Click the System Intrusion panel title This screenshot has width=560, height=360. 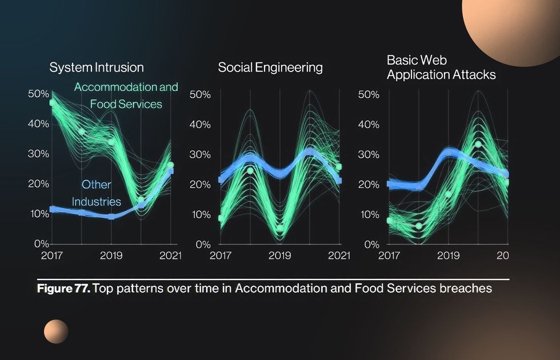(x=97, y=67)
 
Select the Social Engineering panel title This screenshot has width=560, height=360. (x=270, y=67)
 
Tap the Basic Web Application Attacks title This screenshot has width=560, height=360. (x=441, y=67)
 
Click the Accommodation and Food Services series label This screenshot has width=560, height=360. (x=126, y=95)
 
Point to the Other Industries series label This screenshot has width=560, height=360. (x=97, y=193)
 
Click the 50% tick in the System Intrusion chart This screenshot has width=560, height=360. (x=39, y=94)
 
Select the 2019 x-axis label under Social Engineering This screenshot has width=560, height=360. (x=279, y=255)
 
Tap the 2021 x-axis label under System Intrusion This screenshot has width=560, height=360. (x=170, y=255)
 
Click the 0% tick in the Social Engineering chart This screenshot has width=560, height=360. (x=203, y=245)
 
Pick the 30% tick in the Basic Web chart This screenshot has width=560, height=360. (x=369, y=155)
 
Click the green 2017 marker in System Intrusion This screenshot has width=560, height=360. (x=53, y=103)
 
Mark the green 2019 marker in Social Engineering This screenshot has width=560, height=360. (x=280, y=228)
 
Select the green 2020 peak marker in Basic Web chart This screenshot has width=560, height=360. (x=478, y=144)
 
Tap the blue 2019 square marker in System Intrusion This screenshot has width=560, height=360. (x=111, y=217)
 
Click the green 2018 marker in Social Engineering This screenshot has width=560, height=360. (x=250, y=171)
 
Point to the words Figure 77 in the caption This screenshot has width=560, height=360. (x=63, y=288)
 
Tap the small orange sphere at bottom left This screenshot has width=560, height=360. (x=56, y=331)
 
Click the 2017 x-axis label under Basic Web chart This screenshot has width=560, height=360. (x=389, y=255)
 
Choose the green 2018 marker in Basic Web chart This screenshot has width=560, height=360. (x=419, y=226)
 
